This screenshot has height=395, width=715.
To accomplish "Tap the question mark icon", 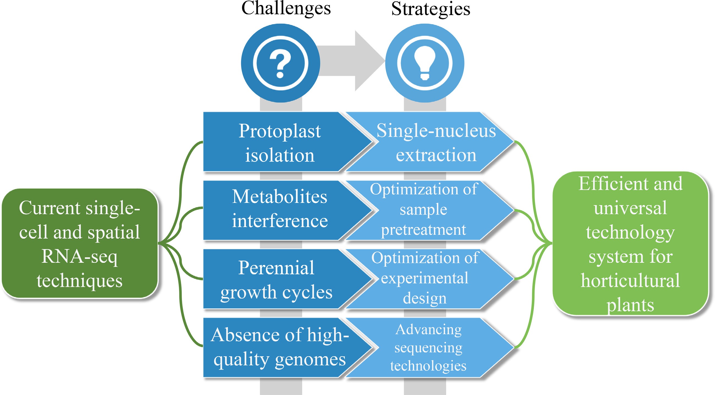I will point(280,63).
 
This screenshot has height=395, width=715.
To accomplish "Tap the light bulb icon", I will point(424,63).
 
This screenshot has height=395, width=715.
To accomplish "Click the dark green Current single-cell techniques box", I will point(80,243).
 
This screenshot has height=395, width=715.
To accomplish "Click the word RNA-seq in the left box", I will point(80,256).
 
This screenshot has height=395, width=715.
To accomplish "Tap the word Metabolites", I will point(280,197).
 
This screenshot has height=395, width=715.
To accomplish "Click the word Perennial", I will point(276,268).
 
